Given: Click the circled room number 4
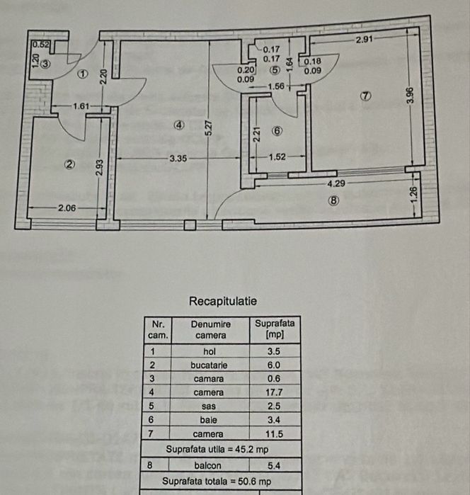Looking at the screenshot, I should (x=179, y=125).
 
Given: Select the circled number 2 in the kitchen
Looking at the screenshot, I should (x=69, y=164).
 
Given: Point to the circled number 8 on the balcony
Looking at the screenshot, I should (x=334, y=200).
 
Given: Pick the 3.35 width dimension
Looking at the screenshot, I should (x=178, y=159).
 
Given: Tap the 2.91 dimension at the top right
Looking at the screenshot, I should (x=365, y=40).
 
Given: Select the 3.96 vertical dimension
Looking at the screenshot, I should (x=409, y=96).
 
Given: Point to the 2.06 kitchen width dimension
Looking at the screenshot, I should (x=67, y=208).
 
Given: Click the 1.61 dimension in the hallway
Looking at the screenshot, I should (x=84, y=106).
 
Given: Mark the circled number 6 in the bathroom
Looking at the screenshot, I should (x=277, y=131).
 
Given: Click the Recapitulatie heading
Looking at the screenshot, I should (x=222, y=301).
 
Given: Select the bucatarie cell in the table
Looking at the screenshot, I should (x=210, y=365).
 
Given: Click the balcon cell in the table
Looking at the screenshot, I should (x=210, y=465).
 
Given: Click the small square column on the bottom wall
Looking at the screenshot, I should (x=189, y=224).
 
